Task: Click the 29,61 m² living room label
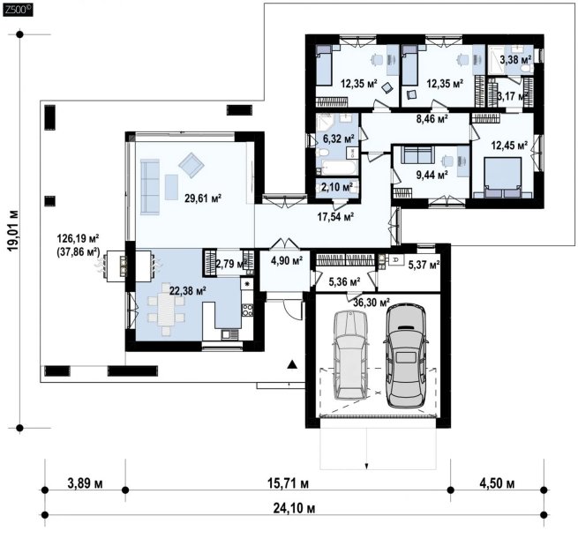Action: [x=203, y=198]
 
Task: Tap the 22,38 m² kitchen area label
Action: [x=188, y=291]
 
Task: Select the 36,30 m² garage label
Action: [x=372, y=303]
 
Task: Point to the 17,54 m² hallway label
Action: [x=335, y=217]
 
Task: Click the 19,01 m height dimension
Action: [x=13, y=231]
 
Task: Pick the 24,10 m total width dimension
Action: [x=294, y=508]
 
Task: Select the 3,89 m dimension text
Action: [x=85, y=483]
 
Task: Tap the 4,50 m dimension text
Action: [x=497, y=483]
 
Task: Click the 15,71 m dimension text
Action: [x=288, y=483]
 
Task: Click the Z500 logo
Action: [x=18, y=10]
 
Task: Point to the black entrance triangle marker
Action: [x=292, y=364]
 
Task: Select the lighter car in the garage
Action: [x=350, y=355]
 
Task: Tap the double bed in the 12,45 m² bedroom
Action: [x=502, y=177]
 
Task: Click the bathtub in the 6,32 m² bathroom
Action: [x=338, y=168]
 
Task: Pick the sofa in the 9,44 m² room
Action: [x=417, y=154]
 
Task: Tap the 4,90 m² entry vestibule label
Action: [x=287, y=261]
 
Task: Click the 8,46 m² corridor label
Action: [x=432, y=118]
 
